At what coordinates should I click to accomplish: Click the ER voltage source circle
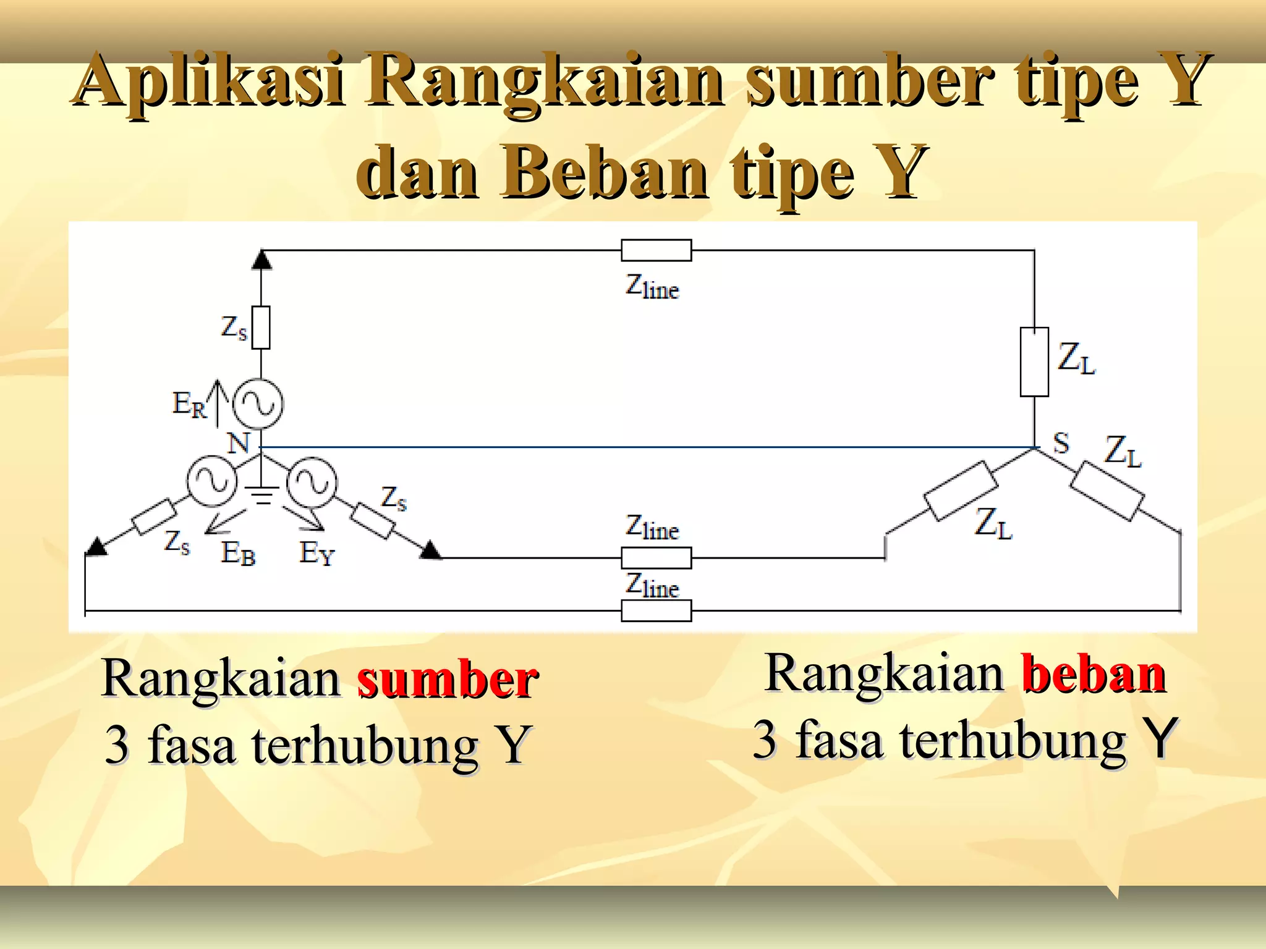coord(258,403)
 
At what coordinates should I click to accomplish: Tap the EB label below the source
coord(238,552)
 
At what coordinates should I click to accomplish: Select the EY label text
coord(316,552)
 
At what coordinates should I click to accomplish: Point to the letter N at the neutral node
coord(238,443)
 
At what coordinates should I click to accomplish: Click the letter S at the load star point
coord(1061,443)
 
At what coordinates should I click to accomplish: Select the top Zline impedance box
coord(656,250)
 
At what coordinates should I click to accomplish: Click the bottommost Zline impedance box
coord(656,610)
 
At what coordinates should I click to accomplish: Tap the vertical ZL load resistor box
coord(1034,361)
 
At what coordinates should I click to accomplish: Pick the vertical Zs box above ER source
coord(261,327)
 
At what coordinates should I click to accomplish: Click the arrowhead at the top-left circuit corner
coord(262,259)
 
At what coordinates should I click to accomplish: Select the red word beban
coord(1094,673)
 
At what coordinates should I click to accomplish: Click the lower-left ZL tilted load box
coord(960,491)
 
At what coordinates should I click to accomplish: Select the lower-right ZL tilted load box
coord(1107,491)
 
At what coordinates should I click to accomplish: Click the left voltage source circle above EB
coord(212,481)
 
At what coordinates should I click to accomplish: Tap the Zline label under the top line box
coord(652,287)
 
